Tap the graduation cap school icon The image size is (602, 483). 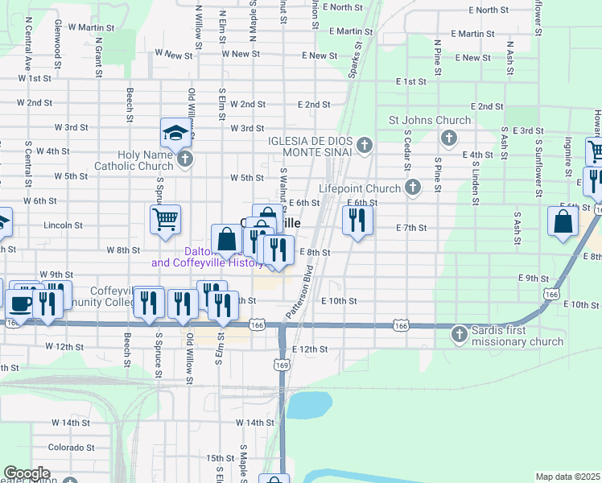coord(175,131)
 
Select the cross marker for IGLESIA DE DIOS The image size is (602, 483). coord(365,146)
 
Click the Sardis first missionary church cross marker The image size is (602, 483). coord(460,332)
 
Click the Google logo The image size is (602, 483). coord(27,473)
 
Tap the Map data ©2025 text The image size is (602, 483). coord(567,477)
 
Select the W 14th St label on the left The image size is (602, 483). coord(71,423)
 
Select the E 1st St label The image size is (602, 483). coord(411,82)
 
